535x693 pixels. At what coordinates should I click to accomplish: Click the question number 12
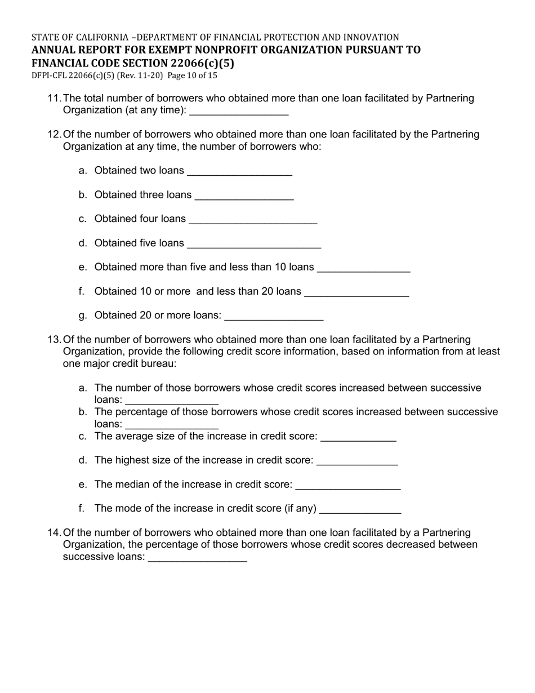(54, 135)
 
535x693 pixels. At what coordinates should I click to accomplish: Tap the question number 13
(54, 340)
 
